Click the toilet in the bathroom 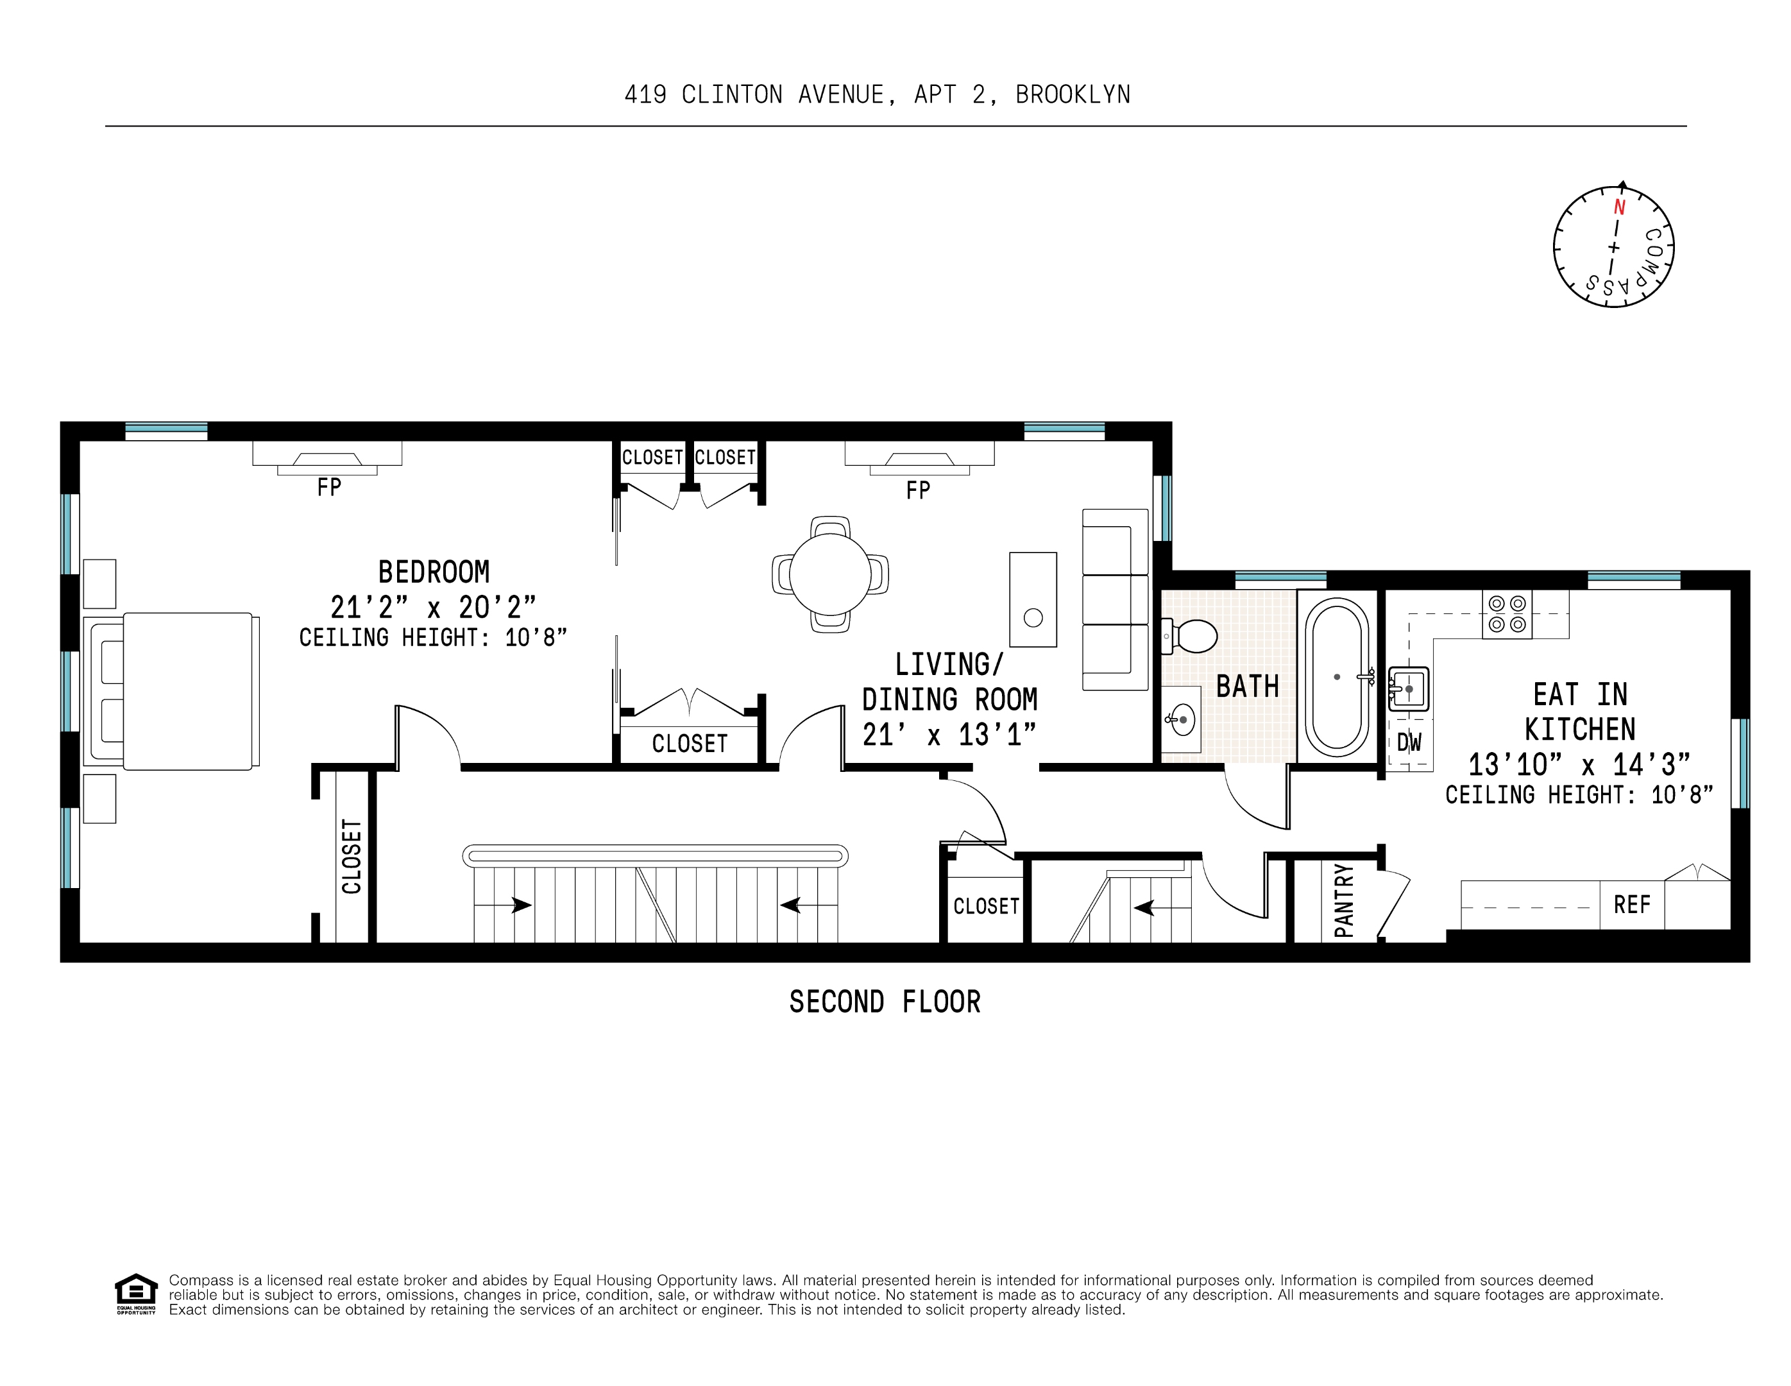coord(1190,636)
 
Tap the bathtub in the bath coord(1337,676)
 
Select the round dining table coord(830,574)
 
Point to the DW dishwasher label coord(1409,743)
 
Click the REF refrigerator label coord(1632,905)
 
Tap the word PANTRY coord(1343,900)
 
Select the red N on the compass coord(1620,207)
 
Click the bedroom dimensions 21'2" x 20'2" coord(433,608)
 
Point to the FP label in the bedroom coord(329,488)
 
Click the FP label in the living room coord(918,490)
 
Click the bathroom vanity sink coord(1182,720)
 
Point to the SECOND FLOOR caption coord(885,1002)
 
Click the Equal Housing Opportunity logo coord(135,1294)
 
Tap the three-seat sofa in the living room coord(1116,599)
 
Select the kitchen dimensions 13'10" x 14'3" coord(1579,764)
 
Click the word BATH coord(1247,687)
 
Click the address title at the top coord(878,95)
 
